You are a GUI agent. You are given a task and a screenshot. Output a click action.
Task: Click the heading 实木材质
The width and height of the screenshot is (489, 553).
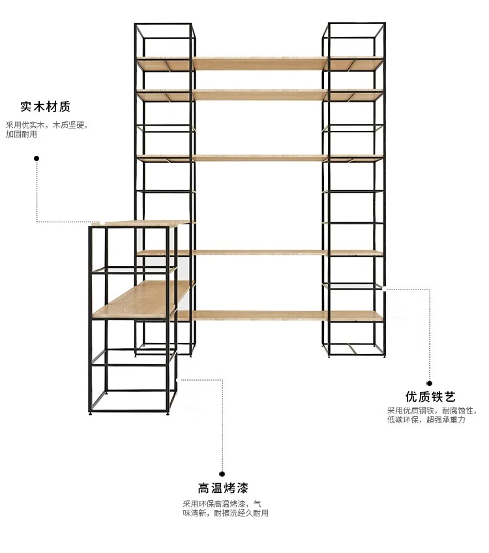click(x=45, y=106)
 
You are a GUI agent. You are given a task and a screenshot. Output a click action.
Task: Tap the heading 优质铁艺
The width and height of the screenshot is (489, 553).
click(x=430, y=396)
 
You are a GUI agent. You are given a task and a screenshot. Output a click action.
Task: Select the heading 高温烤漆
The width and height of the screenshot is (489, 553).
click(x=223, y=488)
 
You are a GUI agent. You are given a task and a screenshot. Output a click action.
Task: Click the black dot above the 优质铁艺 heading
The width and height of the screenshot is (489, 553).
click(x=429, y=383)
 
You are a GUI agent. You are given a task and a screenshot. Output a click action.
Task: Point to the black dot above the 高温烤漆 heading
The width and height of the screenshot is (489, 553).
click(x=222, y=473)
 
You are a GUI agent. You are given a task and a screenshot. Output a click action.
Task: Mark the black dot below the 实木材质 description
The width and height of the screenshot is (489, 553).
click(x=37, y=158)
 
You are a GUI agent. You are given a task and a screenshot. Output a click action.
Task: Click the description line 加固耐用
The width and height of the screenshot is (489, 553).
click(x=21, y=134)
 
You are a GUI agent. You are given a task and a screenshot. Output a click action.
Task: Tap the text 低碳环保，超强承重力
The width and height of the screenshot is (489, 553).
click(x=426, y=420)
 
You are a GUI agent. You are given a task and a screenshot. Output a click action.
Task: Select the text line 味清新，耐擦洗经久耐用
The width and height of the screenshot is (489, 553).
click(x=226, y=513)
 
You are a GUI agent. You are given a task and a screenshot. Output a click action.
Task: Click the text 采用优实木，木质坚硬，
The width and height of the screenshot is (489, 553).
click(x=46, y=125)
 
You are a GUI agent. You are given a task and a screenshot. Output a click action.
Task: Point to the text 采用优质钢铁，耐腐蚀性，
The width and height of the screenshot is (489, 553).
click(x=432, y=411)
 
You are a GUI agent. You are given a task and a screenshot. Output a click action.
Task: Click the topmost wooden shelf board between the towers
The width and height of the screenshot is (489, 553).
click(x=260, y=63)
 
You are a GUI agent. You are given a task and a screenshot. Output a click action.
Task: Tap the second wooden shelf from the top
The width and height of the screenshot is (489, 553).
click(x=260, y=95)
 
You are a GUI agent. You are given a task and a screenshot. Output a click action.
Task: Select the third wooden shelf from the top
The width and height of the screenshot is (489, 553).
click(x=260, y=158)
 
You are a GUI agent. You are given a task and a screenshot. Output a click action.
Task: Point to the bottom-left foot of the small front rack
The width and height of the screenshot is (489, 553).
click(x=91, y=413)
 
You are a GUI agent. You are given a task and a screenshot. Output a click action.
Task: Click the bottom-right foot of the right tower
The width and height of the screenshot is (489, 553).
click(x=384, y=356)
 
